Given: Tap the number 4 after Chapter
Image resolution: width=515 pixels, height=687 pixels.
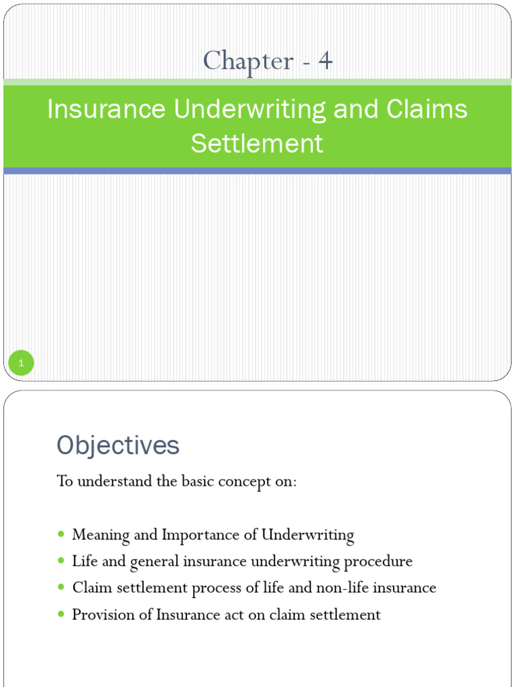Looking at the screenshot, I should pyautogui.click(x=325, y=61).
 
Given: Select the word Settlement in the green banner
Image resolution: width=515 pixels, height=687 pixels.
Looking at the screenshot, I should pyautogui.click(x=257, y=143).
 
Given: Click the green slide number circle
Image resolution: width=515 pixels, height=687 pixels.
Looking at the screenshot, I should pyautogui.click(x=21, y=364).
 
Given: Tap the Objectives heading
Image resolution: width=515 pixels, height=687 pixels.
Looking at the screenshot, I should pyautogui.click(x=118, y=445).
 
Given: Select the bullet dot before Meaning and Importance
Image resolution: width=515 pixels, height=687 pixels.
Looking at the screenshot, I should pyautogui.click(x=62, y=535).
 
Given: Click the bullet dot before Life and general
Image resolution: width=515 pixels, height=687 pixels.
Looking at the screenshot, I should pyautogui.click(x=62, y=561).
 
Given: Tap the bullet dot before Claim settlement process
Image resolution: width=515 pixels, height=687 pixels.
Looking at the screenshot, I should pyautogui.click(x=62, y=588).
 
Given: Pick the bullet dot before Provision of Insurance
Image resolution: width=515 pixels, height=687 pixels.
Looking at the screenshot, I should pyautogui.click(x=62, y=614).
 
